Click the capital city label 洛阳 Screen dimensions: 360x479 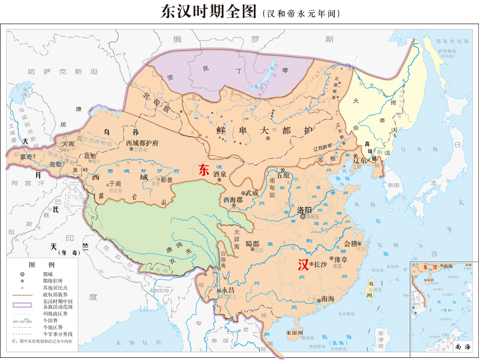pos(304,210)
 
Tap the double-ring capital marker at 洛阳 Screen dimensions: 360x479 pos(303,217)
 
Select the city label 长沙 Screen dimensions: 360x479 pos(320,264)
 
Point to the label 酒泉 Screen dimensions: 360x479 pos(220,174)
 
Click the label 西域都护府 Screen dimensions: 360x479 pos(142,143)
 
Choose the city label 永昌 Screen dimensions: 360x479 pos(228,291)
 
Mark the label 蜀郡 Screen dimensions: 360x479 pos(252,244)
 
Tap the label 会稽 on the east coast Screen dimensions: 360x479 pos(351,244)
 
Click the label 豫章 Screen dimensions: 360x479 pos(341,260)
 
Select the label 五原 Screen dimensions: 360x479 pos(283,175)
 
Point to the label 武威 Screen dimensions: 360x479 pos(252,193)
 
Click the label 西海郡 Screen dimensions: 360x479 pos(233,200)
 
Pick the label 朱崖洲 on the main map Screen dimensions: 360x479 pos(295,333)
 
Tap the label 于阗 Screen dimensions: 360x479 pos(115,184)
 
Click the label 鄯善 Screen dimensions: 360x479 pos(167,180)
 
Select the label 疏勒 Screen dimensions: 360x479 pos(91,156)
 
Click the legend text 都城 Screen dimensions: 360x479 pos(48,274)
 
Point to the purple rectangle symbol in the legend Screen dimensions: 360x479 pos(22,305)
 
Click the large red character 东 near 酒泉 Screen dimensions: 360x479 pos(204,170)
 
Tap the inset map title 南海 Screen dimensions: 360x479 pos(463,347)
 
